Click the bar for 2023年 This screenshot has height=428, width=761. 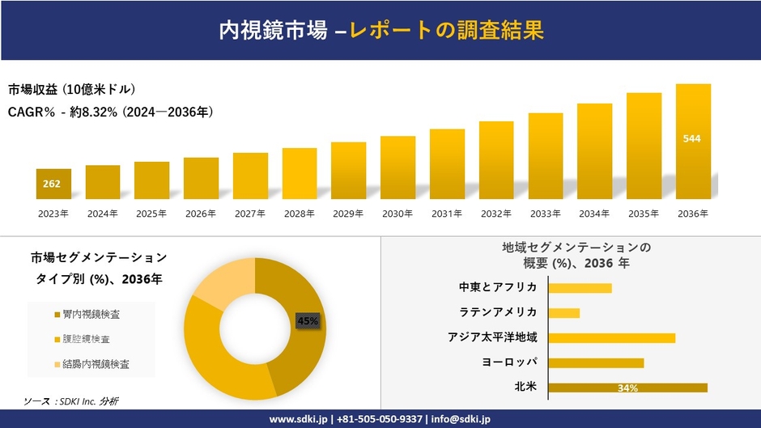[x=53, y=184]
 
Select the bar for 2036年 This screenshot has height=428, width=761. [x=693, y=142]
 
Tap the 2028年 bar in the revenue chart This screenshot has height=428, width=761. [x=300, y=173]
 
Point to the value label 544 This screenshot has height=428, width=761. [x=692, y=138]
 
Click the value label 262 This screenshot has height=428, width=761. [x=52, y=184]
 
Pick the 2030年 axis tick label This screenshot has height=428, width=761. [x=398, y=214]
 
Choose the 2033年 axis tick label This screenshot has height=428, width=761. [x=545, y=214]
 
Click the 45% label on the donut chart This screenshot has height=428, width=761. [x=308, y=321]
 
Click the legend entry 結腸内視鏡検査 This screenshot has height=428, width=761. [x=96, y=364]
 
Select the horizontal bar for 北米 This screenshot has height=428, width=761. [x=627, y=388]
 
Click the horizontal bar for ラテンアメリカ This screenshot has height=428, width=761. [x=564, y=312]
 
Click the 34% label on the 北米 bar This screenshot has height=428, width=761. [x=627, y=388]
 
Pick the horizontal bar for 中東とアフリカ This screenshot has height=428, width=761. [x=580, y=287]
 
